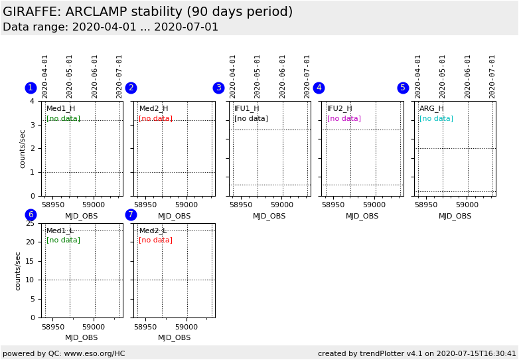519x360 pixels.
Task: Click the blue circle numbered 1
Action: click(31, 88)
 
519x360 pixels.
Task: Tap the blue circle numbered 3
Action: click(218, 88)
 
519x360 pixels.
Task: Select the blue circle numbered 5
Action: click(403, 88)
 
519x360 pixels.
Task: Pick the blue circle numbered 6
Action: click(31, 215)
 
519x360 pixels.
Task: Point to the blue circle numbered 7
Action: click(131, 215)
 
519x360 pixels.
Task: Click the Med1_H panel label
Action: click(60, 108)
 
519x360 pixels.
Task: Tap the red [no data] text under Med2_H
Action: click(155, 118)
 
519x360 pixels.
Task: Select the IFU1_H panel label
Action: click(246, 108)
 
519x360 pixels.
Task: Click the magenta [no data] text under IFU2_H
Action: click(344, 118)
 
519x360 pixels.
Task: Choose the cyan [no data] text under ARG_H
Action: click(436, 118)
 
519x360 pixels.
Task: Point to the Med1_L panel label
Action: click(60, 230)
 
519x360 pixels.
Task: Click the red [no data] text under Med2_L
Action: click(155, 240)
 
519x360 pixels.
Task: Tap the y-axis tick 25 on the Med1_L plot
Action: click(30, 223)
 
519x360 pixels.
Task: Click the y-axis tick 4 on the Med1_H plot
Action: click(32, 101)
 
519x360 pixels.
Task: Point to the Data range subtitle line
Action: click(110, 27)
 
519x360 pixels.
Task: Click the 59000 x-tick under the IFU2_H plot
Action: click(374, 205)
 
